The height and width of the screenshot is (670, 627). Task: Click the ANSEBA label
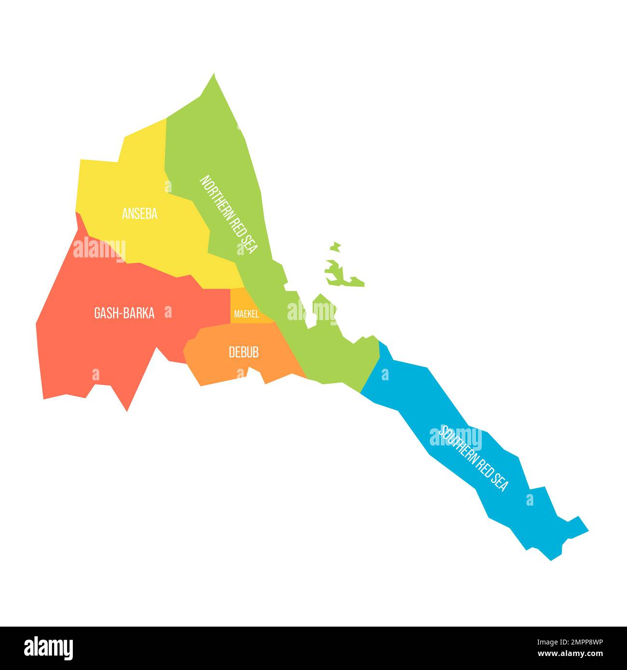click(139, 214)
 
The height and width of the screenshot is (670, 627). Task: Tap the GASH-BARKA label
click(124, 314)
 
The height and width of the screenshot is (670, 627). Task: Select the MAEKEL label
click(246, 315)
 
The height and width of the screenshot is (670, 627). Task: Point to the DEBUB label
click(244, 352)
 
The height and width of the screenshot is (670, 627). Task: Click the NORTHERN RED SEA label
click(229, 214)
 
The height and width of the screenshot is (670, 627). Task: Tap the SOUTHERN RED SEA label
click(473, 458)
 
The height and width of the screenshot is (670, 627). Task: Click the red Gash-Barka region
click(96, 347)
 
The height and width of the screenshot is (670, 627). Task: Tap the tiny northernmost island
click(336, 247)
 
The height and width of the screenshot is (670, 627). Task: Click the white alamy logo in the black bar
click(49, 648)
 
